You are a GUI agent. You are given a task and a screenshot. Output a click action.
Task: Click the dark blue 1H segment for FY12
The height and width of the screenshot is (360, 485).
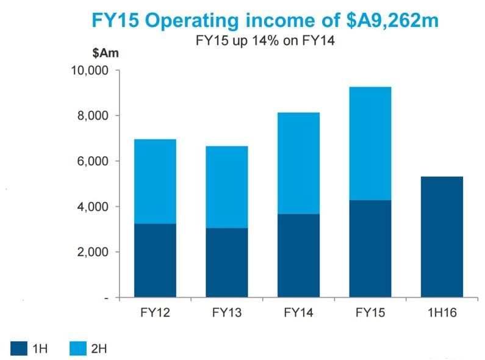tap(155, 261)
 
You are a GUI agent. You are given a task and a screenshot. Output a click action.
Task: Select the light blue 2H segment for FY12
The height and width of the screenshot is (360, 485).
tap(155, 181)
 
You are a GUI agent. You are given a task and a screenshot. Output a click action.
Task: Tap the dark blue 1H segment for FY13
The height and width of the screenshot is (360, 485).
tap(227, 262)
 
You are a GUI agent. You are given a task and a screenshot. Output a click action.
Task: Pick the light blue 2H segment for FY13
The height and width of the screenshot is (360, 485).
tap(227, 187)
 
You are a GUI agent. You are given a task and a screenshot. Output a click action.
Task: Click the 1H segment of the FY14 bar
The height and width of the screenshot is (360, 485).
tap(298, 256)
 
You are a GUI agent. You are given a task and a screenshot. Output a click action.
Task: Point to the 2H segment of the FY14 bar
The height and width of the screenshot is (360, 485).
tap(298, 163)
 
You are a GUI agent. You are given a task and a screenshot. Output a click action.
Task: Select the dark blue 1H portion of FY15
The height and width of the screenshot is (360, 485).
tap(370, 248)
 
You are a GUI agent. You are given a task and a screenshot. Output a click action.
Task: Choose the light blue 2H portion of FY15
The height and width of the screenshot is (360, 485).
tap(370, 143)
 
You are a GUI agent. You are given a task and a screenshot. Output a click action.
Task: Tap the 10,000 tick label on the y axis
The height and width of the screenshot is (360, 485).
tap(90, 71)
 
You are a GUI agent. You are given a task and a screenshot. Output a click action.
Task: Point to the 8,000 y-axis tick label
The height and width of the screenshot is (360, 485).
tap(93, 116)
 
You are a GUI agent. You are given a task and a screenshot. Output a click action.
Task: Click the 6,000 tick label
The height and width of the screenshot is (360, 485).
tap(93, 162)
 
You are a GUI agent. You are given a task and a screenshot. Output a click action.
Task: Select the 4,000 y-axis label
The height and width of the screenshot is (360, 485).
tap(93, 207)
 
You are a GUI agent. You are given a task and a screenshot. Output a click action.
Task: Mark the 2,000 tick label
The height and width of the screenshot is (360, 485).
tap(93, 252)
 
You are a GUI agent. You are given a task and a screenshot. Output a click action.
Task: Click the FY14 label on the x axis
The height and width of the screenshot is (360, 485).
tap(298, 314)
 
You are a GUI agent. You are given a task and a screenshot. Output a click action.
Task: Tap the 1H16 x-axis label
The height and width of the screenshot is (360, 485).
tap(442, 314)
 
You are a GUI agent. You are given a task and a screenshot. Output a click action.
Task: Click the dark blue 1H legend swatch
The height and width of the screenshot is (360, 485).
tap(21, 348)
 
